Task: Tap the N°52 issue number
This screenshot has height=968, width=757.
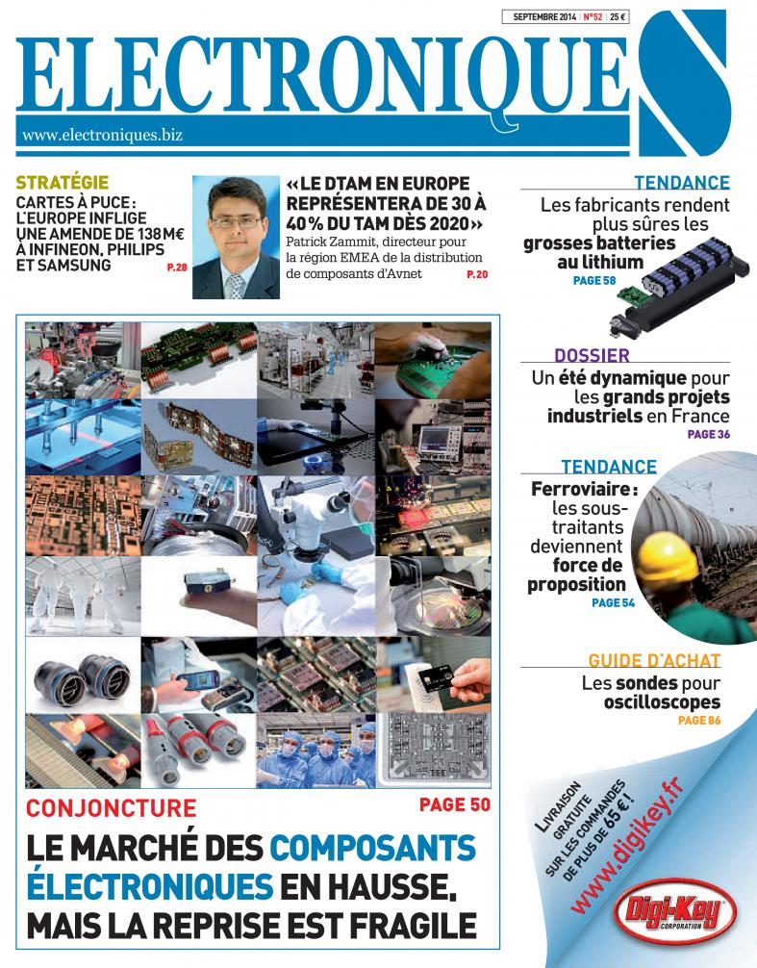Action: coord(593,16)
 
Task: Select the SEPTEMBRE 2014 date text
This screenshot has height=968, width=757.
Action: coord(544,16)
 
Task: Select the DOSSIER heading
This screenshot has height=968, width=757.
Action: coord(592,356)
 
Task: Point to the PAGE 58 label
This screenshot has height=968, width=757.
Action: coord(594,281)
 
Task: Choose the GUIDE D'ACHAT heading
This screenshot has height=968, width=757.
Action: coord(654,661)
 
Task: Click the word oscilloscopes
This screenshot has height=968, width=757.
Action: coord(662,702)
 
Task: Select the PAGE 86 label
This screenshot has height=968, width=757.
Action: coord(698,720)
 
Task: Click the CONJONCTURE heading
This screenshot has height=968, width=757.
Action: coord(111,808)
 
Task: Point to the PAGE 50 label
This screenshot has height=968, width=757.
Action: coord(455,804)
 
